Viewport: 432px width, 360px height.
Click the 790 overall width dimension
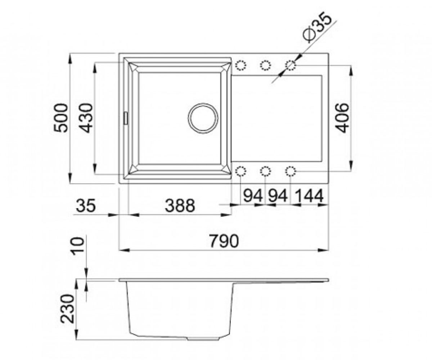[224, 241]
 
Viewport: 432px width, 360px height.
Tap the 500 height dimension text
[61, 118]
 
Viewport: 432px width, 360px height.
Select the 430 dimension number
[86, 118]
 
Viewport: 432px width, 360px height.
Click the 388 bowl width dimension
[180, 206]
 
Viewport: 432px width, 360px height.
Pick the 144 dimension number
[309, 195]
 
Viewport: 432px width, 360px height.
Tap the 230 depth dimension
[67, 309]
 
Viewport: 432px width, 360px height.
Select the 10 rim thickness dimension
[77, 244]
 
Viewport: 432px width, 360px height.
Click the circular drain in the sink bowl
[203, 118]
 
